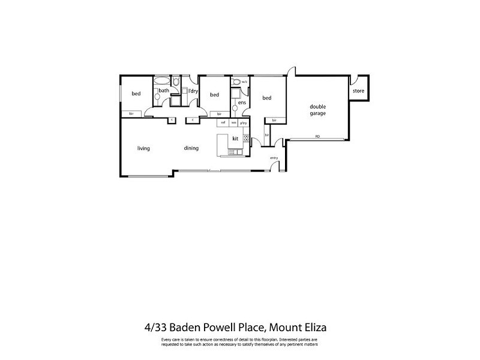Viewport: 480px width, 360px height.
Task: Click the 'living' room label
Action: [143, 148]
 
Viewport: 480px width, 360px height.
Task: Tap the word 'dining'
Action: [191, 148]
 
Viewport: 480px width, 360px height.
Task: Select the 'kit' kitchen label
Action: [235, 139]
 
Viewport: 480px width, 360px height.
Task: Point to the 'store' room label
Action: [358, 91]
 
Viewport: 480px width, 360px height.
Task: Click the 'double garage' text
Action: [317, 110]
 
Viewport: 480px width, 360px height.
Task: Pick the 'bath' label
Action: [163, 91]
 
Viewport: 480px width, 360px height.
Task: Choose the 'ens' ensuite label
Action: [242, 103]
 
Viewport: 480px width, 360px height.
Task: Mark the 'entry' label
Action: [274, 158]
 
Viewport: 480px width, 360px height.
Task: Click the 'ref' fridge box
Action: [223, 122]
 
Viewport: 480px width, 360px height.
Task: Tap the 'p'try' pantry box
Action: [244, 122]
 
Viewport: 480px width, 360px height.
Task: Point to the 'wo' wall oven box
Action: [233, 122]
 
